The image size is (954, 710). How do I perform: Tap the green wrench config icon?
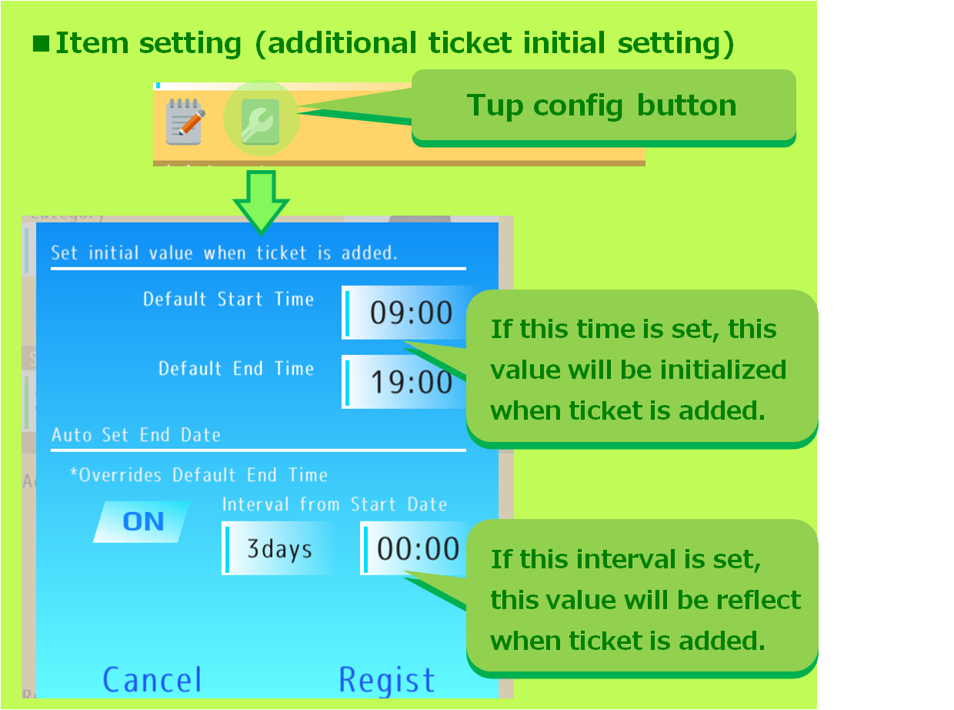pyautogui.click(x=260, y=121)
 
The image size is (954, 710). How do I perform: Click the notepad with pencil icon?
pyautogui.click(x=185, y=121)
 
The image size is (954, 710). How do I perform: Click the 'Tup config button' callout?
pyautogui.click(x=602, y=105)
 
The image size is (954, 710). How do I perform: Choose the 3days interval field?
pyautogui.click(x=279, y=548)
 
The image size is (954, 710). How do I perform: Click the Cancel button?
pyautogui.click(x=152, y=680)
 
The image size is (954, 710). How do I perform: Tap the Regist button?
pyautogui.click(x=387, y=680)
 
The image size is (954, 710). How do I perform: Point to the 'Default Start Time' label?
pyautogui.click(x=228, y=300)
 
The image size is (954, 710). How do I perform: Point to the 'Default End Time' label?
pyautogui.click(x=236, y=369)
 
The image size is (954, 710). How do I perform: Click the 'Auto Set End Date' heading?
pyautogui.click(x=136, y=435)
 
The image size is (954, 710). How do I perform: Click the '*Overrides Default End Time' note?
pyautogui.click(x=198, y=475)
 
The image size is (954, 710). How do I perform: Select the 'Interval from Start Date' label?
pyautogui.click(x=335, y=505)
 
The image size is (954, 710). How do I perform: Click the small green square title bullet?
pyautogui.click(x=40, y=43)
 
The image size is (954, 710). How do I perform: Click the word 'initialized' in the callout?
pyautogui.click(x=713, y=370)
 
